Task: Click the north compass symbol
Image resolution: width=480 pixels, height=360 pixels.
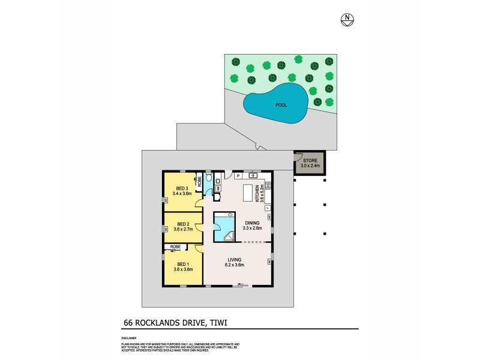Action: (347, 19)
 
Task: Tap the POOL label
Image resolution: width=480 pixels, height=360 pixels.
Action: (281, 105)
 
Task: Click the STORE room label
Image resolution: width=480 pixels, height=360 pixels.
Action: (310, 160)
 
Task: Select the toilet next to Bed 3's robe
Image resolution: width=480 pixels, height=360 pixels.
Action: (208, 178)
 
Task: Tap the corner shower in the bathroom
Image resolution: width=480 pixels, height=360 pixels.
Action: (229, 236)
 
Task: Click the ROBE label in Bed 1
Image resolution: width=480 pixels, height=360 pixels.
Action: (176, 247)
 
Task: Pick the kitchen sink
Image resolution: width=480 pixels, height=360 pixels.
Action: (253, 176)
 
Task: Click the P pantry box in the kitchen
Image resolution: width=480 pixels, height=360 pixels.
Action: (238, 176)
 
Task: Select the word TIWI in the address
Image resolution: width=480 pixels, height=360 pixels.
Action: (218, 323)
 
